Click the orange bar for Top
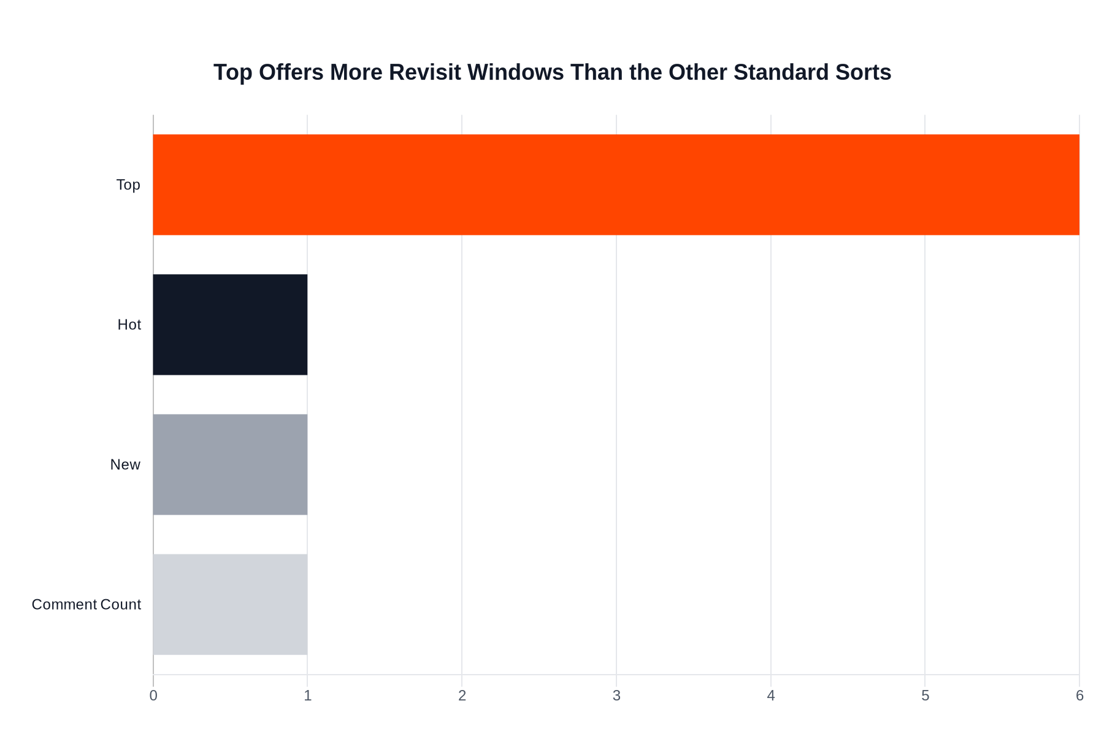click(616, 185)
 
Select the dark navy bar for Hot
click(230, 324)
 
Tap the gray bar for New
click(230, 464)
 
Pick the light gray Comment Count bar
click(230, 604)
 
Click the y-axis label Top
click(128, 185)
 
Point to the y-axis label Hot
click(129, 324)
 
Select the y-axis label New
click(125, 464)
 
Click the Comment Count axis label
click(86, 604)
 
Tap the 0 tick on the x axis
click(153, 696)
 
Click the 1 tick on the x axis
click(307, 696)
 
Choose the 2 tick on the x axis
click(462, 696)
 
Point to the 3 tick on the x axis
click(616, 696)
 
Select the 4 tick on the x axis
click(771, 696)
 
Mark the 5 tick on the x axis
click(925, 696)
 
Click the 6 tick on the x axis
click(1079, 696)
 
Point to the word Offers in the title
click(291, 72)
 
